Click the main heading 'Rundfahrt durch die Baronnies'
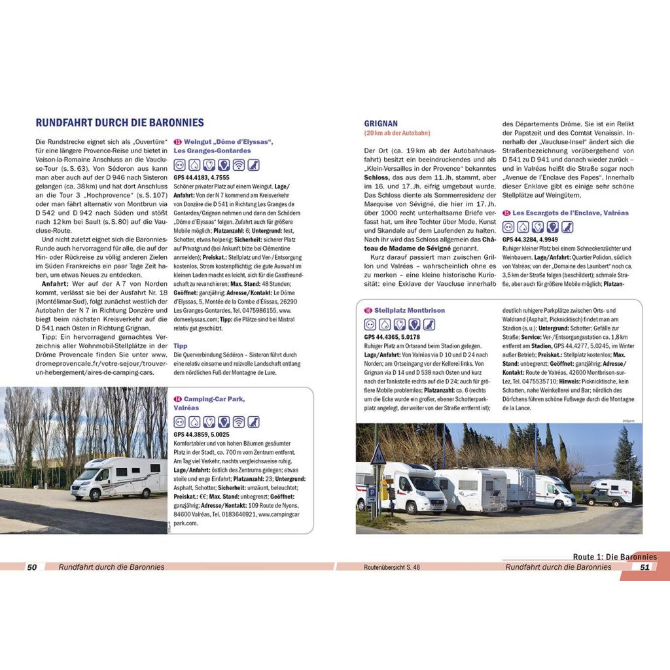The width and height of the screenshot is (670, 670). [120, 122]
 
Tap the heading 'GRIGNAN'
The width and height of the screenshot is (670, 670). [381, 123]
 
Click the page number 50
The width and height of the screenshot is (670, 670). [31, 567]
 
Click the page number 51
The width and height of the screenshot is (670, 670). [644, 567]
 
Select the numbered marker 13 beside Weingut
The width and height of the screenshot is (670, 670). [177, 143]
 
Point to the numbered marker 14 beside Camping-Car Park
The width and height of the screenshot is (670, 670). [177, 398]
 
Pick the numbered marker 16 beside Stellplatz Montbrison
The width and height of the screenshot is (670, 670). [368, 309]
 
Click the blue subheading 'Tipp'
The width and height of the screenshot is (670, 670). [181, 345]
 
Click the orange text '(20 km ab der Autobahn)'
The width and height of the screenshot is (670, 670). [397, 133]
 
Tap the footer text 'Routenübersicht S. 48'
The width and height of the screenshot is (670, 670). [391, 567]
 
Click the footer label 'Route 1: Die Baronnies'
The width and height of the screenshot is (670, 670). [615, 557]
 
